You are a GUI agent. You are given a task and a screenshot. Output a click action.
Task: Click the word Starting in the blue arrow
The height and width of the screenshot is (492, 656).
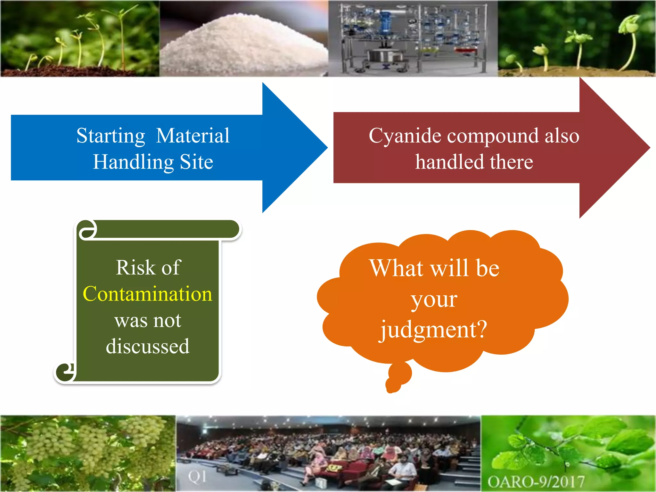[111, 136]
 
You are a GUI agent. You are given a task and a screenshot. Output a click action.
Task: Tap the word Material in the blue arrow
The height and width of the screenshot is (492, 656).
[193, 136]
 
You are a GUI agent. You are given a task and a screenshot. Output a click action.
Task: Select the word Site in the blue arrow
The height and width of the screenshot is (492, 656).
[196, 162]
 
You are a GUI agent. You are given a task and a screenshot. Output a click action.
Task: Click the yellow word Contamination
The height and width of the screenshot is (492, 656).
[147, 294]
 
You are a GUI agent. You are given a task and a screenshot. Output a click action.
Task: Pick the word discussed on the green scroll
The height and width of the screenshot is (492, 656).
[148, 347]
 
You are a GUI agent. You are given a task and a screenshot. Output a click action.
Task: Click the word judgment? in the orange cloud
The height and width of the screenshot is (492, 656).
[433, 330]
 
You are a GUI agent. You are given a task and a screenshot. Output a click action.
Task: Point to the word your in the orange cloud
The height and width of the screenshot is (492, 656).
[434, 300]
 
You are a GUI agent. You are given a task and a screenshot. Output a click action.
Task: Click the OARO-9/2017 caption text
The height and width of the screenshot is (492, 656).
[536, 481]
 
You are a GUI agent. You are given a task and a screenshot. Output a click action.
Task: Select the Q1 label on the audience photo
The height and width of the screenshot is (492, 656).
[197, 477]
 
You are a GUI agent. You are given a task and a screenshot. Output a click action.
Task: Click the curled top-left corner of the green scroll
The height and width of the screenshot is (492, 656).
[87, 230]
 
